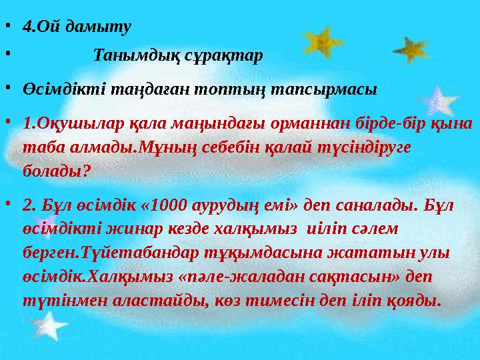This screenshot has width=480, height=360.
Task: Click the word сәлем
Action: pyautogui.click(x=374, y=228)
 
